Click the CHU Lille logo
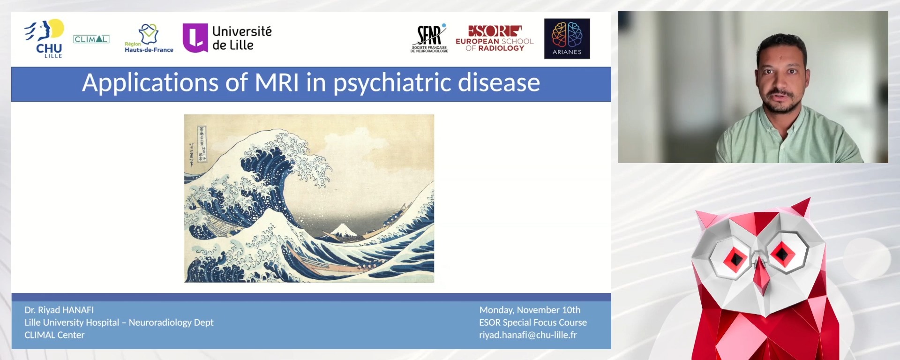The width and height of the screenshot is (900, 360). click(45, 38)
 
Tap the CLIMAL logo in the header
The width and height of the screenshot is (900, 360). click(91, 39)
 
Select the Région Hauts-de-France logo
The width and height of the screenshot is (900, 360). click(149, 38)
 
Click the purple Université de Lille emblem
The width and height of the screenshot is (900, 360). click(195, 38)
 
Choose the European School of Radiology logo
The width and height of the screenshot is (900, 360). click(495, 38)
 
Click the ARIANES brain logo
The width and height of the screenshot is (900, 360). click(567, 38)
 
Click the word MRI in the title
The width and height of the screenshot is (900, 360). click(277, 83)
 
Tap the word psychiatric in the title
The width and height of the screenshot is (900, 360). click(392, 83)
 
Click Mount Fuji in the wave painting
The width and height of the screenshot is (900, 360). click(344, 230)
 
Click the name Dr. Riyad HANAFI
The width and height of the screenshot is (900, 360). click(59, 310)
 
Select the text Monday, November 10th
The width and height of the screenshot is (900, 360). click(530, 310)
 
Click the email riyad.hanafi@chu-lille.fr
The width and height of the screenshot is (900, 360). click(528, 335)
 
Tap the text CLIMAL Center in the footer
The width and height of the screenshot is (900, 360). click(54, 335)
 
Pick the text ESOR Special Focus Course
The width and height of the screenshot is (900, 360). click(532, 322)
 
